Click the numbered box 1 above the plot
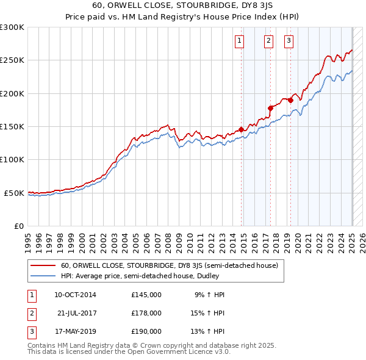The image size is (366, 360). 239,41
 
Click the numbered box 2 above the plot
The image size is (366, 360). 268,41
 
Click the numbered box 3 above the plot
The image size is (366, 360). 289,41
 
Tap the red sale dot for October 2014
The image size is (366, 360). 241,129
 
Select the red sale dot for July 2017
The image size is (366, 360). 271,108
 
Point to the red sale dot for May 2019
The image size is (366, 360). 291,100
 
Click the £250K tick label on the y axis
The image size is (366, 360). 12,60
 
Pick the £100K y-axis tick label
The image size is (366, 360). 12,159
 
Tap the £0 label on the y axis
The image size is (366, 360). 19,226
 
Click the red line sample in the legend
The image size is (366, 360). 43,265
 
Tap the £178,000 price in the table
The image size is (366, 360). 146,312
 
